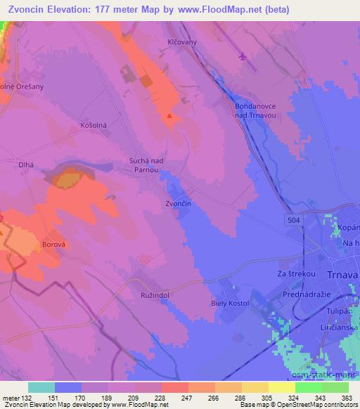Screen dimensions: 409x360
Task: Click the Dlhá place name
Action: click(26, 166)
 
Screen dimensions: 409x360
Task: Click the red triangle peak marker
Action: click(169, 115)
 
